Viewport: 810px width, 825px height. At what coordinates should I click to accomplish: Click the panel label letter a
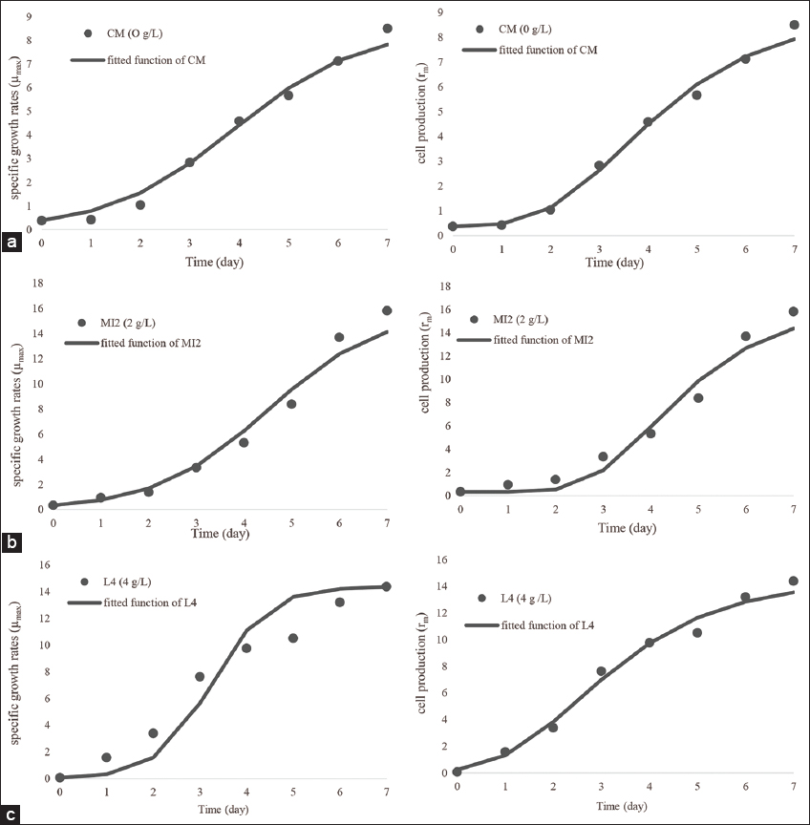pyautogui.click(x=12, y=243)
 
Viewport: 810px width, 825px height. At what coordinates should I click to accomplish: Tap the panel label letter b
pyautogui.click(x=12, y=542)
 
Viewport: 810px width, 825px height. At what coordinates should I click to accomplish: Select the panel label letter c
pyautogui.click(x=12, y=814)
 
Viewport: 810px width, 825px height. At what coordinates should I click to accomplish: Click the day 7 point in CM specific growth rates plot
pyautogui.click(x=387, y=29)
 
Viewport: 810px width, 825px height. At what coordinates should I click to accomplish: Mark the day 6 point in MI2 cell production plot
pyautogui.click(x=746, y=336)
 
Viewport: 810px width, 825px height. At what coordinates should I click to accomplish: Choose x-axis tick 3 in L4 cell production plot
pyautogui.click(x=600, y=785)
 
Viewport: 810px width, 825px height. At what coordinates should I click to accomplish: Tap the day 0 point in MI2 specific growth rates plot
pyautogui.click(x=53, y=505)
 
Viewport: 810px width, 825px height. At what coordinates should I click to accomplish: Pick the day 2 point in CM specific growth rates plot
pyautogui.click(x=140, y=204)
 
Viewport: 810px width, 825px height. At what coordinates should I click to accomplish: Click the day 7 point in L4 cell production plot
pyautogui.click(x=793, y=581)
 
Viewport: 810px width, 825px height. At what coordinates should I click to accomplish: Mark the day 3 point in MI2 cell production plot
pyautogui.click(x=603, y=456)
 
